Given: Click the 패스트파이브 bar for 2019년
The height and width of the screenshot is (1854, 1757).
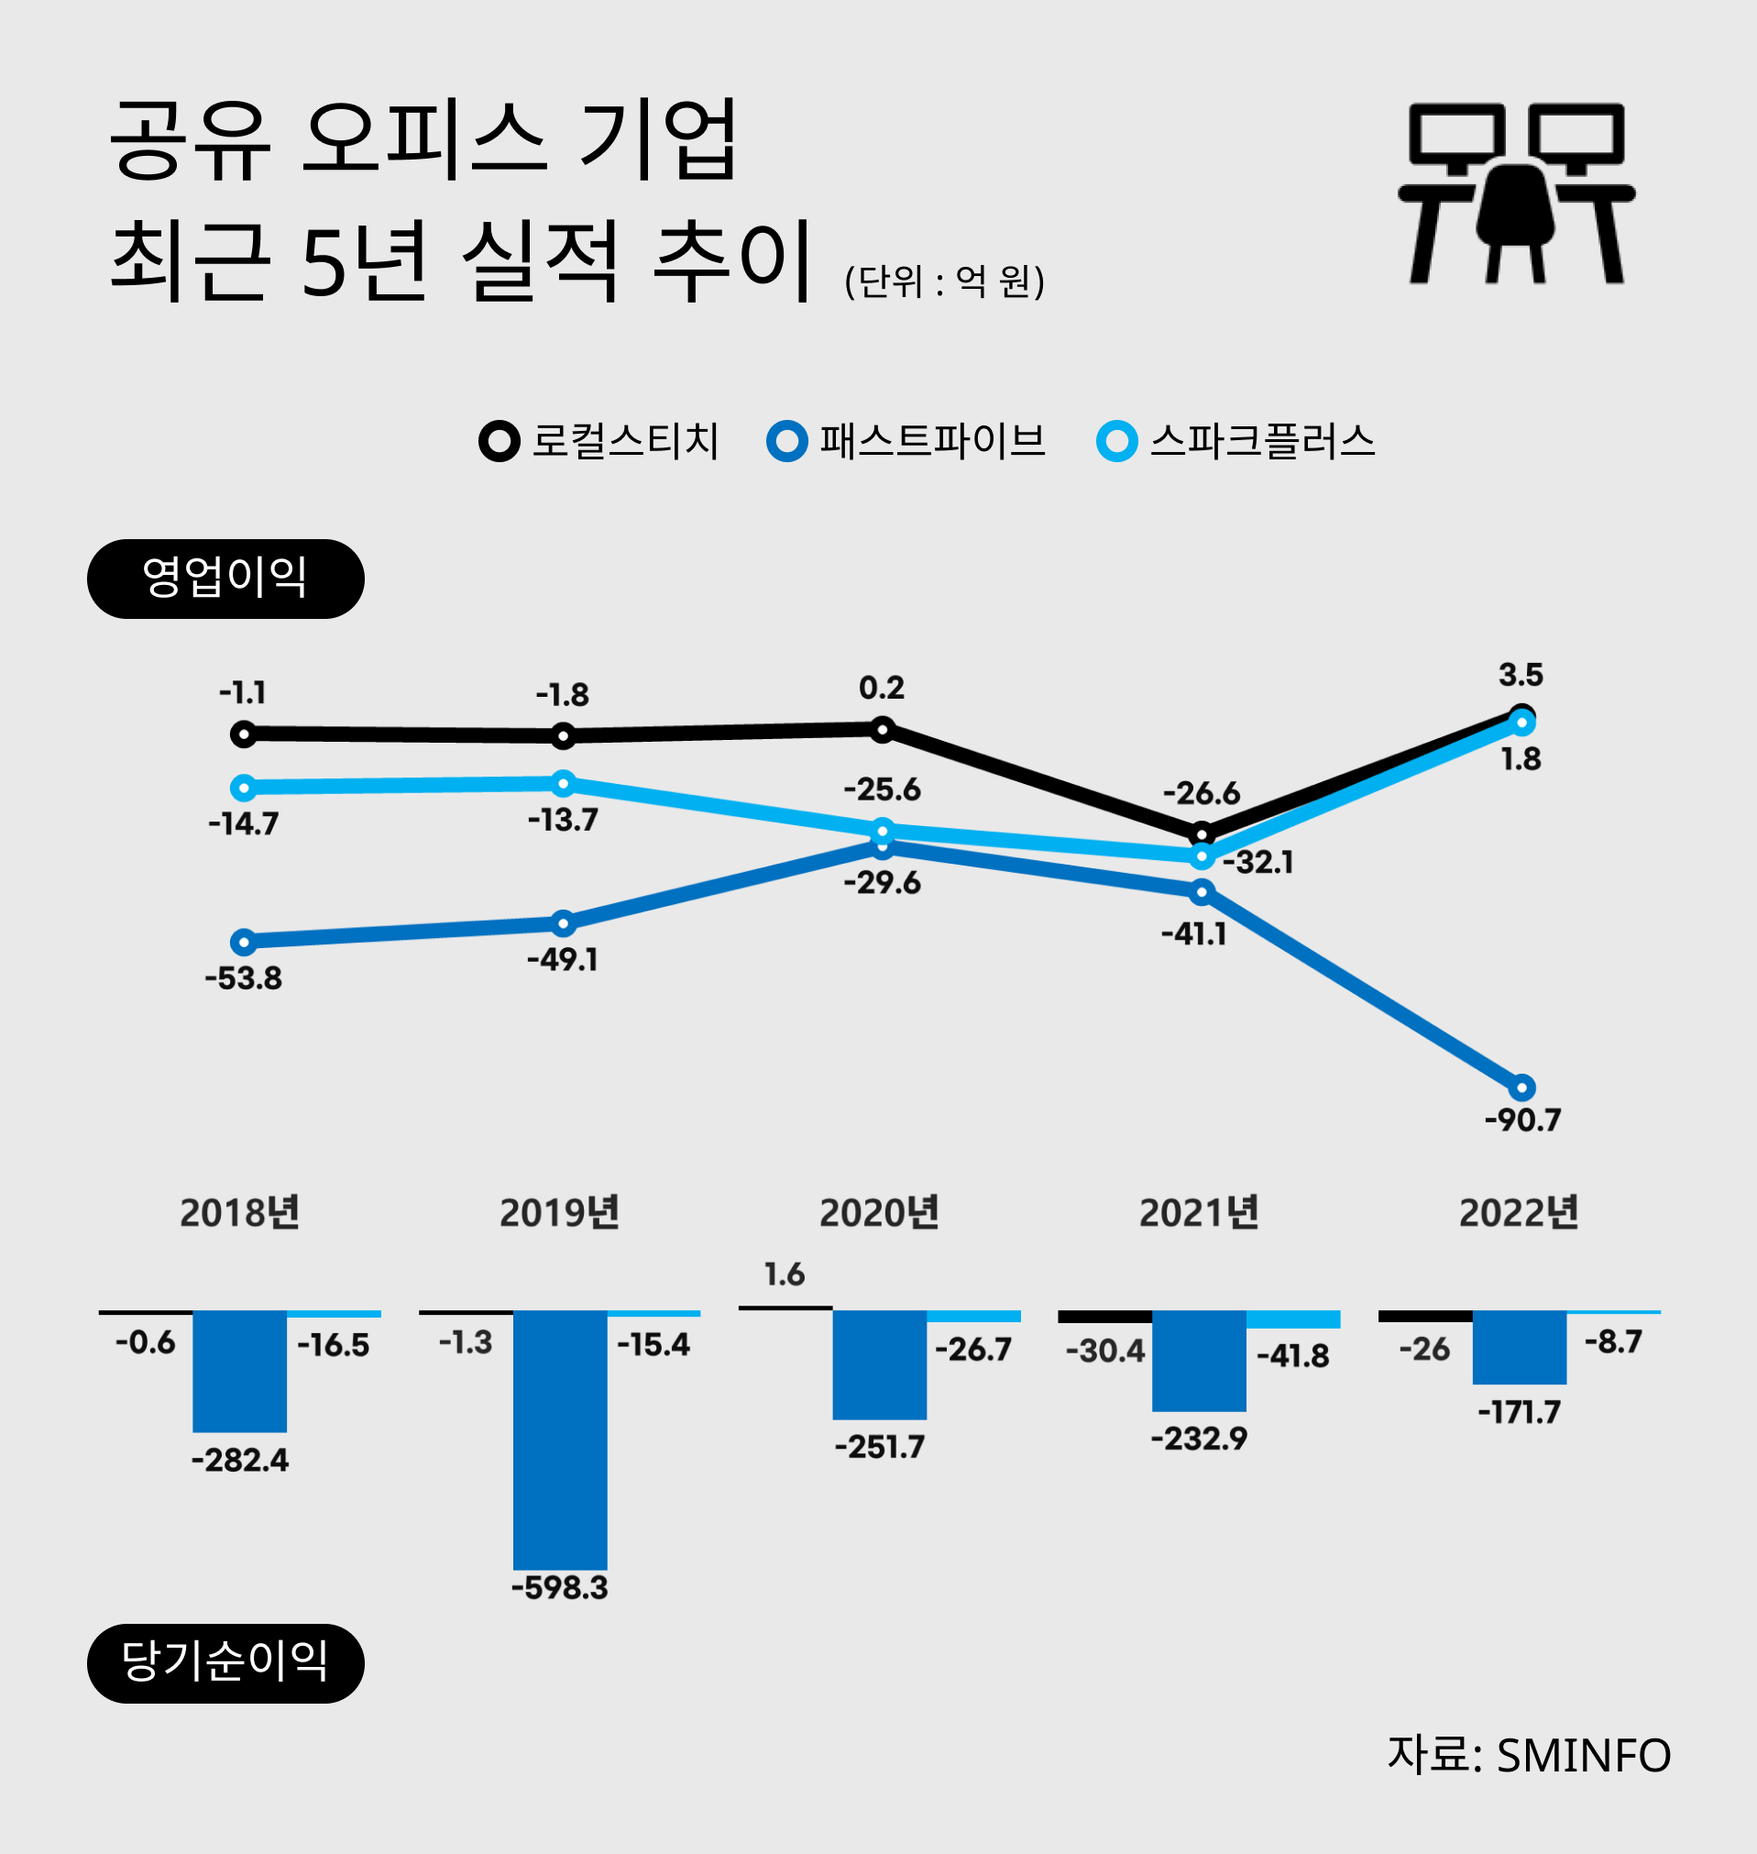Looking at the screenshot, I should coord(560,1439).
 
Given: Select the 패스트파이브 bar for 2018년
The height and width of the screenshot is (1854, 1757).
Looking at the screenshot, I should coord(240,1371).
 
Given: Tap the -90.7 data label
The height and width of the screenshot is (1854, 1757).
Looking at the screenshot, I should coord(1523,1120).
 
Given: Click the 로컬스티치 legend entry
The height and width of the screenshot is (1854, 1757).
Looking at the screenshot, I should coord(599,441).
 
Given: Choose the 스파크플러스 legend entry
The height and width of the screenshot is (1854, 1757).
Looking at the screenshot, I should coord(1235,441).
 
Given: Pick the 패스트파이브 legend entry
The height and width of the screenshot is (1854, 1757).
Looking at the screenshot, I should coord(906,441).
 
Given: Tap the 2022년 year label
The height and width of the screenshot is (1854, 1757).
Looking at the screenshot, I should coord(1519,1213).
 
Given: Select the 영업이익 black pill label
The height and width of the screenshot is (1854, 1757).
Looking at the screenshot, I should coord(225,579).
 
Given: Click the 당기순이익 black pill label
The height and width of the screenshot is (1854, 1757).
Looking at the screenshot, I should coord(225,1663).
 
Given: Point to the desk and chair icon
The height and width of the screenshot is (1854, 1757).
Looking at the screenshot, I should coord(1516,193).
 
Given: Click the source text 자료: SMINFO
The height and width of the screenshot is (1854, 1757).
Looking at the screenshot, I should coord(1529,1755).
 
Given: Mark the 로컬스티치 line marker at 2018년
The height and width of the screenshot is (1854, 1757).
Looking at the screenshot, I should coord(244,734).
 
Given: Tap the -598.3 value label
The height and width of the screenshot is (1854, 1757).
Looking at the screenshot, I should coord(560,1588).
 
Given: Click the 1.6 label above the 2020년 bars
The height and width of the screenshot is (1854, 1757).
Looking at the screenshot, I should coord(784,1275).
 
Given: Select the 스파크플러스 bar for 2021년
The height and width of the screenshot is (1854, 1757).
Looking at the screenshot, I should coord(1292,1319).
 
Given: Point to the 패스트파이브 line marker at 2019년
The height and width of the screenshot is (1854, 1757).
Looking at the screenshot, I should coord(563,923).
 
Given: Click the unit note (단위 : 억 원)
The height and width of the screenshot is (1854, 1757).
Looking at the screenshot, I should coord(944,281).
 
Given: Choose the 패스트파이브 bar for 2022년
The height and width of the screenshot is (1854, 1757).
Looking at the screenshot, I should coord(1519,1346).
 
